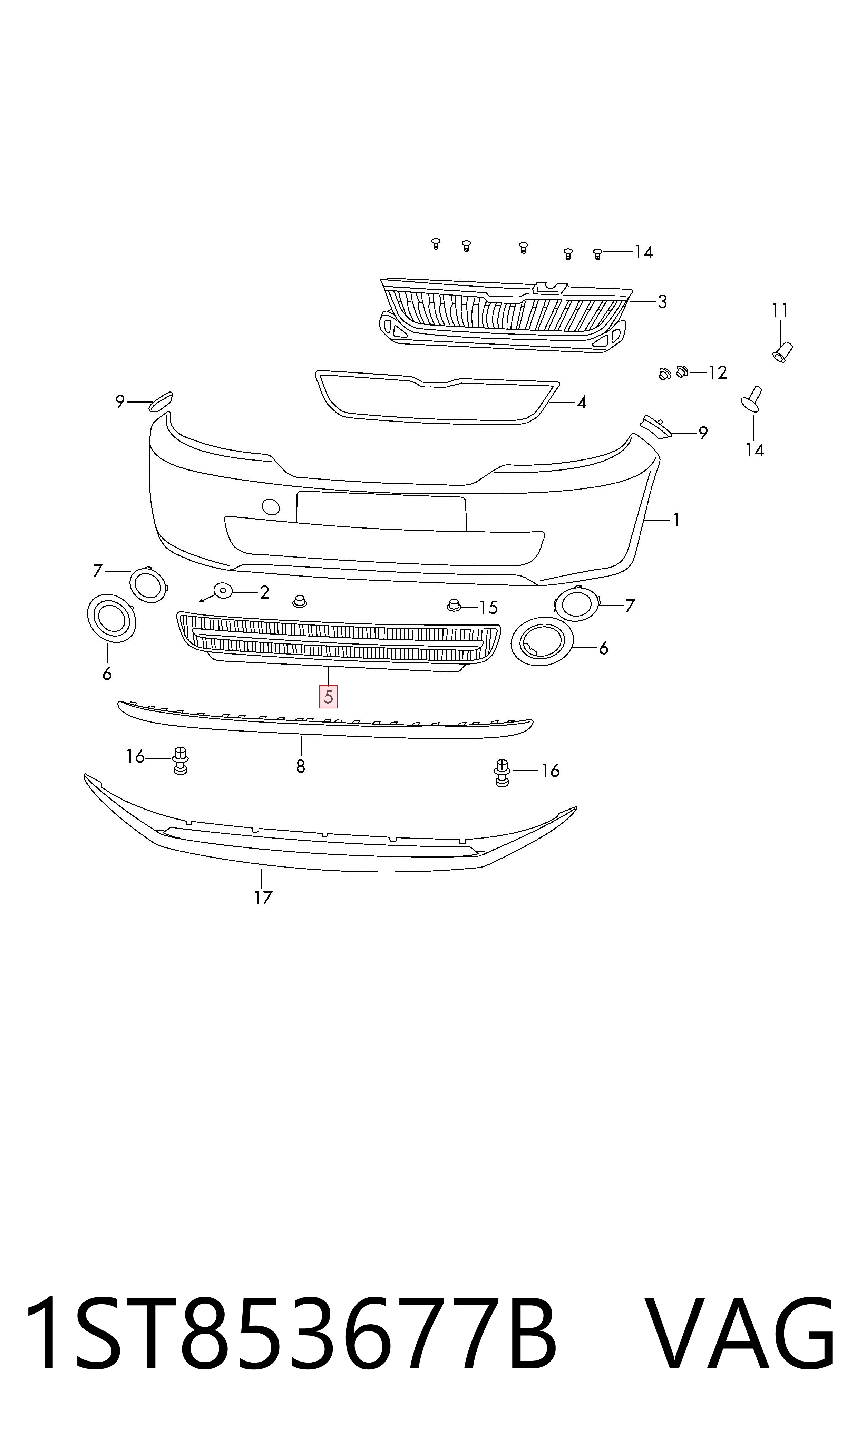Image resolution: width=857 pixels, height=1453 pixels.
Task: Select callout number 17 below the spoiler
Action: click(263, 898)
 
